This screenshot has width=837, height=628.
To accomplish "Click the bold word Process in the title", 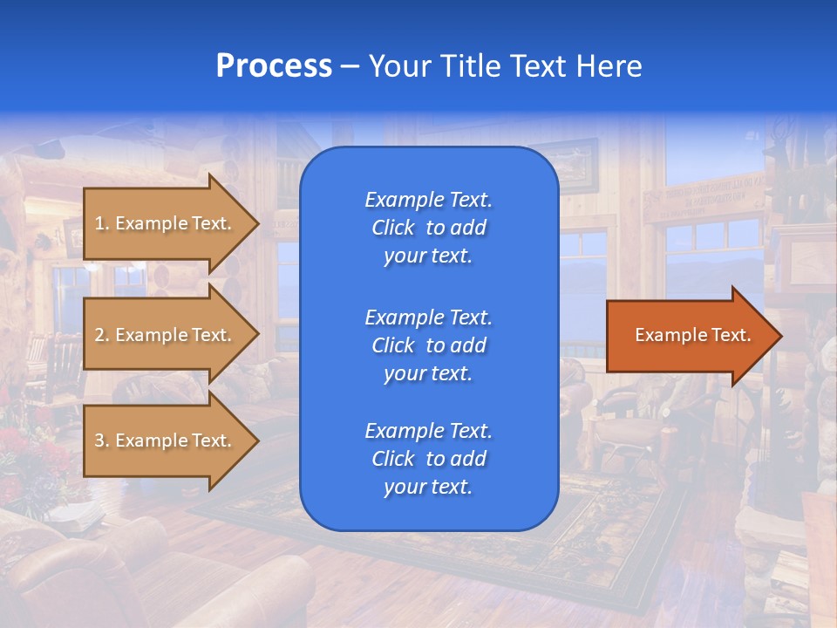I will [x=273, y=66].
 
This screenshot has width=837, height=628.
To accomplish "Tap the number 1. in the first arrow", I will [x=102, y=223].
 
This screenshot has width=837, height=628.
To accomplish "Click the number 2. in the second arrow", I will [x=102, y=335].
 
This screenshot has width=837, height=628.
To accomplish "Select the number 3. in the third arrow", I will [x=102, y=440].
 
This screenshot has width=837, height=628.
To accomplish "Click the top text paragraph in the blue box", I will [x=428, y=228].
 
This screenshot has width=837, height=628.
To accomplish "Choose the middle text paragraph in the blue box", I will [x=428, y=345].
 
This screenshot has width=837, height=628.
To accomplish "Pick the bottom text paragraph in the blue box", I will [x=428, y=459].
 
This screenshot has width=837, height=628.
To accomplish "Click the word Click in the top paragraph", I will [x=393, y=228].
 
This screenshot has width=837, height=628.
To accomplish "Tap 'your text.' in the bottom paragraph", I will [x=428, y=487].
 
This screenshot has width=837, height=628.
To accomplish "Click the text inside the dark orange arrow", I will [x=693, y=335].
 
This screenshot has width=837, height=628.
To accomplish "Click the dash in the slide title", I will [x=350, y=67].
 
